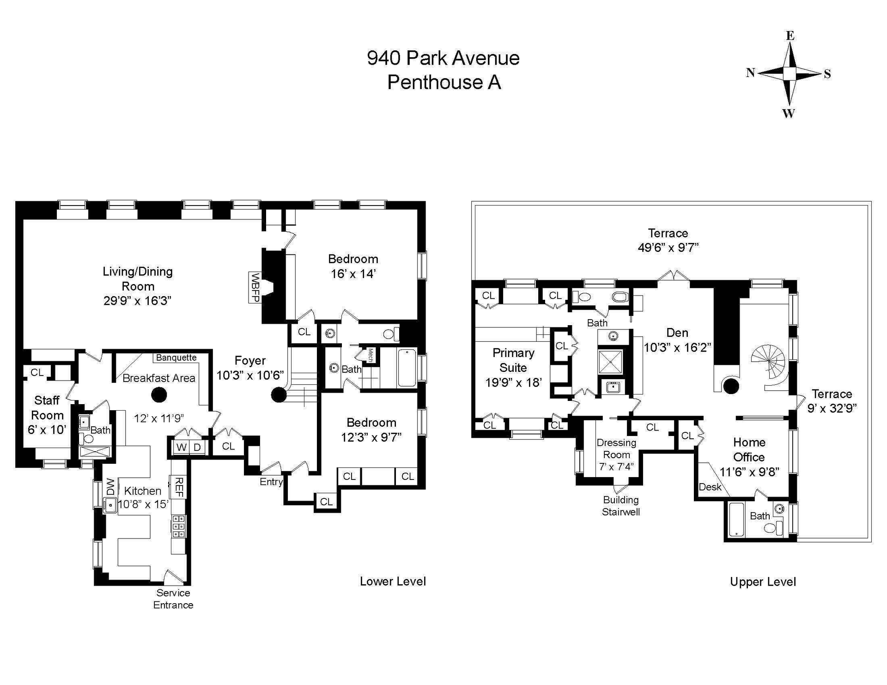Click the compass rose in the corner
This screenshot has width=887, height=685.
(x=790, y=73)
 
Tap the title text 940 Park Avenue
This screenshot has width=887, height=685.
(x=443, y=58)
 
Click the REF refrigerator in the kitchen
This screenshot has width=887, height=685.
(x=178, y=487)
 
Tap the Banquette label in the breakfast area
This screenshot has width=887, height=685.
(x=176, y=358)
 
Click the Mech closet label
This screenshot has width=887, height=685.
(x=370, y=355)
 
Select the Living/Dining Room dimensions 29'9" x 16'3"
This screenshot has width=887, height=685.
(x=138, y=301)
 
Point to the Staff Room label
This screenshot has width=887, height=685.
(x=47, y=407)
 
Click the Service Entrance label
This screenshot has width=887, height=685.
(x=173, y=599)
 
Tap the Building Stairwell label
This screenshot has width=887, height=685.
(x=621, y=506)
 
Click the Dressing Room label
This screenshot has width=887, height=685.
(x=616, y=449)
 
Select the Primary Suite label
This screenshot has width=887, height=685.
(x=513, y=360)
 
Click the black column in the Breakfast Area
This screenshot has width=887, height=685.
(x=159, y=395)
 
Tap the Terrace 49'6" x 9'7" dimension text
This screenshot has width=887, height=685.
(x=668, y=248)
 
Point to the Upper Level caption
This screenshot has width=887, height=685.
(x=763, y=582)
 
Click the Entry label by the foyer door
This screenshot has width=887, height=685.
(x=271, y=482)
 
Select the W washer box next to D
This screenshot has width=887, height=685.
(x=181, y=447)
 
